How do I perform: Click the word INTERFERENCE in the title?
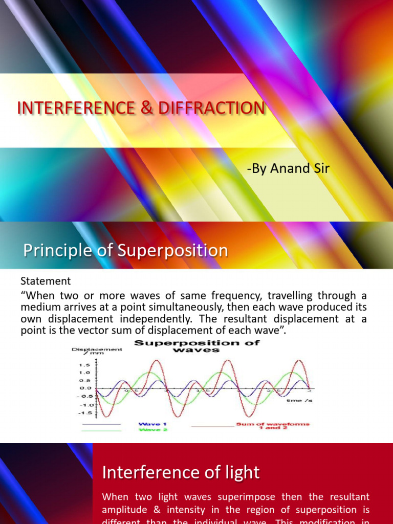pos(70,108)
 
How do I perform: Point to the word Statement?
pos(46,281)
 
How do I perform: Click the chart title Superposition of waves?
pos(197,346)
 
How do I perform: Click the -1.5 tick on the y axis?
pos(84,412)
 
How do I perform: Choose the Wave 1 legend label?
pos(150,424)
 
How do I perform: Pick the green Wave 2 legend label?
pos(150,430)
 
